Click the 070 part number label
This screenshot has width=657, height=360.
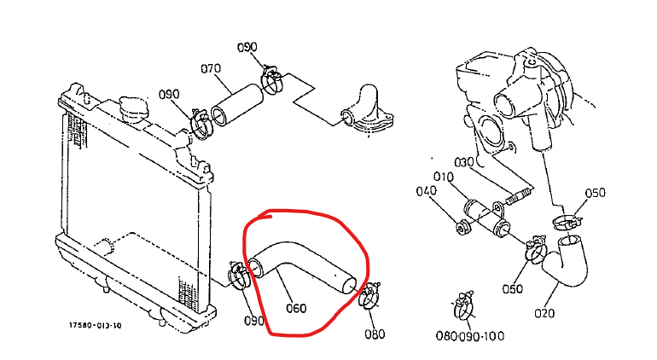(x=211, y=68)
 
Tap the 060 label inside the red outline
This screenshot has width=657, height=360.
(x=296, y=309)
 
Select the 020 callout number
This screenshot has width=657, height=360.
(x=544, y=313)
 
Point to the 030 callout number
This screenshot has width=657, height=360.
(x=464, y=162)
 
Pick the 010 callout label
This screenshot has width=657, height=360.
(x=444, y=177)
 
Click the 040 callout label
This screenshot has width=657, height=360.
(x=426, y=191)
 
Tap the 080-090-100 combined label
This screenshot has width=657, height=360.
(x=470, y=336)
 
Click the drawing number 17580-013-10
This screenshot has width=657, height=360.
(x=95, y=325)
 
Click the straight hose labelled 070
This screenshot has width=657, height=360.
(x=236, y=105)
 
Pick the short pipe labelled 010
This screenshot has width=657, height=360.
(x=486, y=216)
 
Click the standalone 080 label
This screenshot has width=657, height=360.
(x=375, y=334)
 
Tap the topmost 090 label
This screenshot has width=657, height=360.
(x=247, y=48)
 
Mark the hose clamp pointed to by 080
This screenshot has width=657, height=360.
(x=369, y=295)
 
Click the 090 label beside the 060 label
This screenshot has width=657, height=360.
(x=254, y=321)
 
